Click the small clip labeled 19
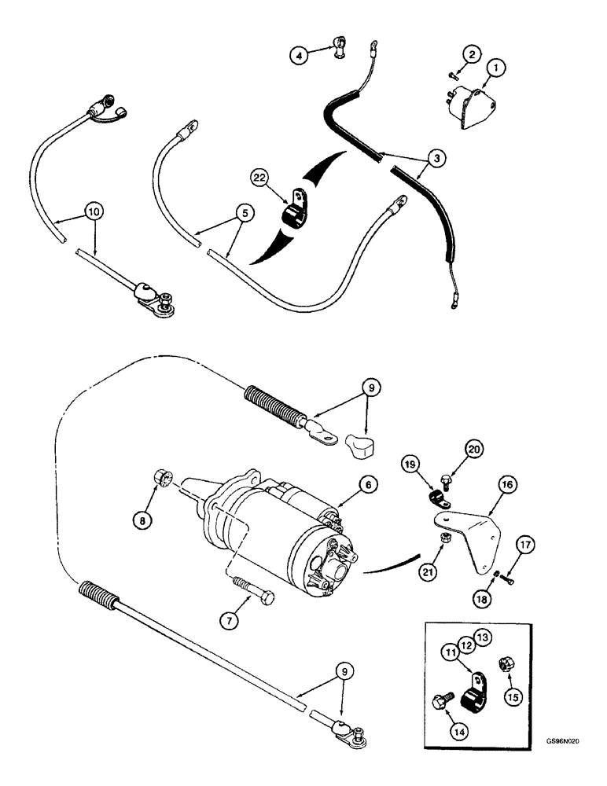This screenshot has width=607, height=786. point(436,498)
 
